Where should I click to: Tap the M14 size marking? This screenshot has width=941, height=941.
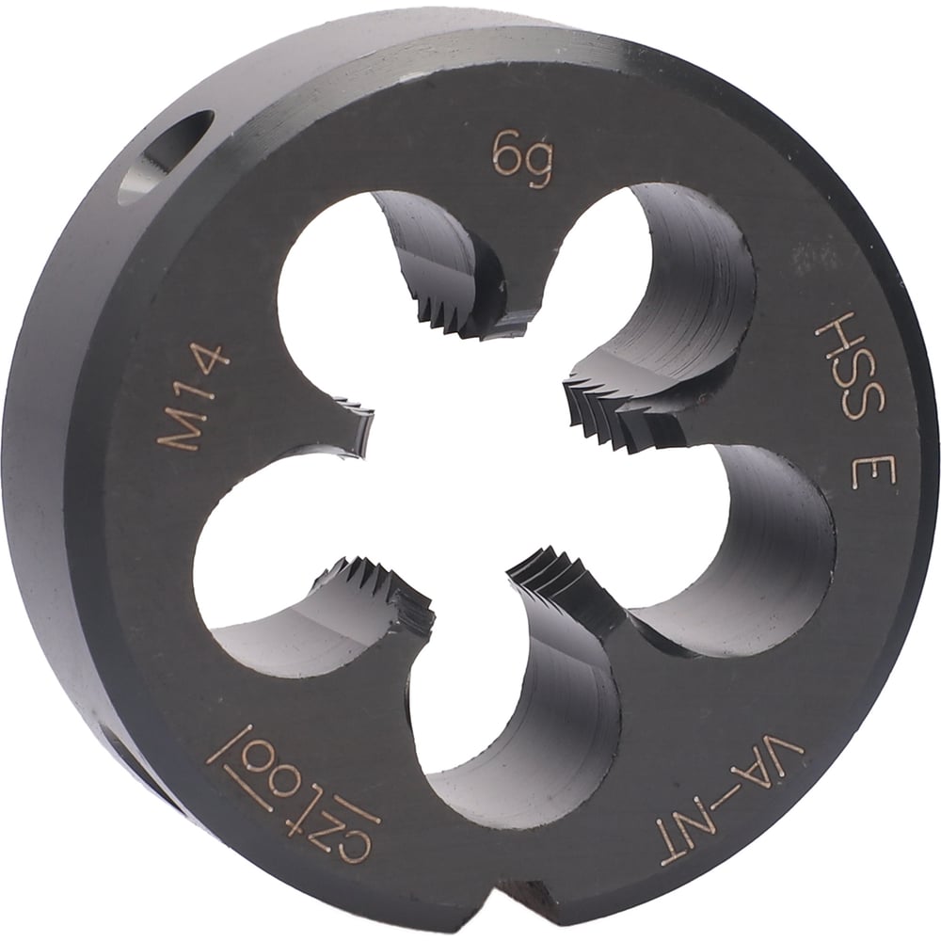point(193,396)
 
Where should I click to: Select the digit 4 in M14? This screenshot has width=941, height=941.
point(210,360)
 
